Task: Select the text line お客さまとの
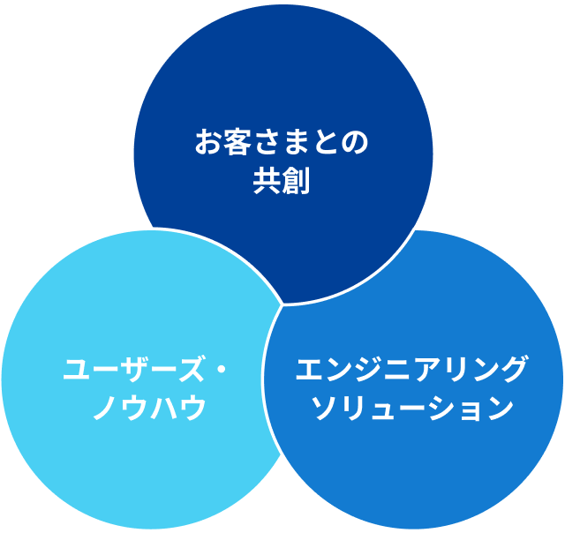[282, 142]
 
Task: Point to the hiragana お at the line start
[209, 142]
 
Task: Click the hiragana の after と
[354, 143]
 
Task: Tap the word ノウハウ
[150, 408]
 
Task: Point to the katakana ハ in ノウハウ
[164, 408]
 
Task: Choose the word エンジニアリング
[411, 368]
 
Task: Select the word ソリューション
[412, 408]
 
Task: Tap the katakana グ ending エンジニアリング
[512, 368]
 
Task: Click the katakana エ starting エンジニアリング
[310, 369]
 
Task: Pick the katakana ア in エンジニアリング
[425, 369]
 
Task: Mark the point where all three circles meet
[282, 305]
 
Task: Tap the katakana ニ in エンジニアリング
[396, 369]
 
